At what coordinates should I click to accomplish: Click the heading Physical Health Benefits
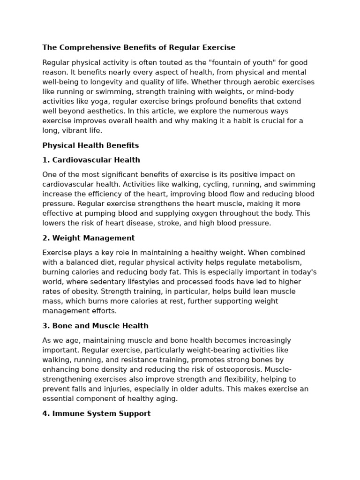pyautogui.click(x=90, y=146)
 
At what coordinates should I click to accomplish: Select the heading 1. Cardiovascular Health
pyautogui.click(x=91, y=160)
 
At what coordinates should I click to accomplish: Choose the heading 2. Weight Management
pyautogui.click(x=88, y=238)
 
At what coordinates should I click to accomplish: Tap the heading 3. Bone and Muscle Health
pyautogui.click(x=95, y=326)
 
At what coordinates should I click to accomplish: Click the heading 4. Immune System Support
pyautogui.click(x=96, y=414)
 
